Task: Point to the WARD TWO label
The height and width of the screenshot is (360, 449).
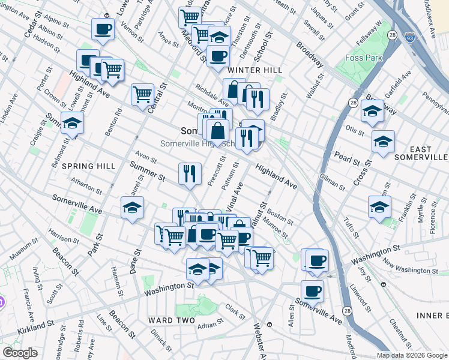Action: click(x=172, y=320)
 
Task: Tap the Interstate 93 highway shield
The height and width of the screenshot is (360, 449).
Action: click(x=409, y=37)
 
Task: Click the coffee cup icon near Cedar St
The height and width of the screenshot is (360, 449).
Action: click(x=103, y=28)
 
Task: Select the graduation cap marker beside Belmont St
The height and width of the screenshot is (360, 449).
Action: click(x=73, y=123)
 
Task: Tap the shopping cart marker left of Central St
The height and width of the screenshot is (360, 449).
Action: click(x=142, y=94)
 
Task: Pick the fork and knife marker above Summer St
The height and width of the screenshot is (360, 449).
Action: click(x=190, y=174)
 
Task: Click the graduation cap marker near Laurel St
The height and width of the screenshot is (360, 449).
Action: click(x=132, y=208)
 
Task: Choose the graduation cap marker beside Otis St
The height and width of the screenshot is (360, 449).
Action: click(x=383, y=142)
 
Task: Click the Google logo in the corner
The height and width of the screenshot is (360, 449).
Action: click(x=20, y=353)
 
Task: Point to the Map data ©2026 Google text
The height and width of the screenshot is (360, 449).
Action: click(x=412, y=355)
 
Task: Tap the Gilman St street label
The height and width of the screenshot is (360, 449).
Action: click(x=333, y=182)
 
